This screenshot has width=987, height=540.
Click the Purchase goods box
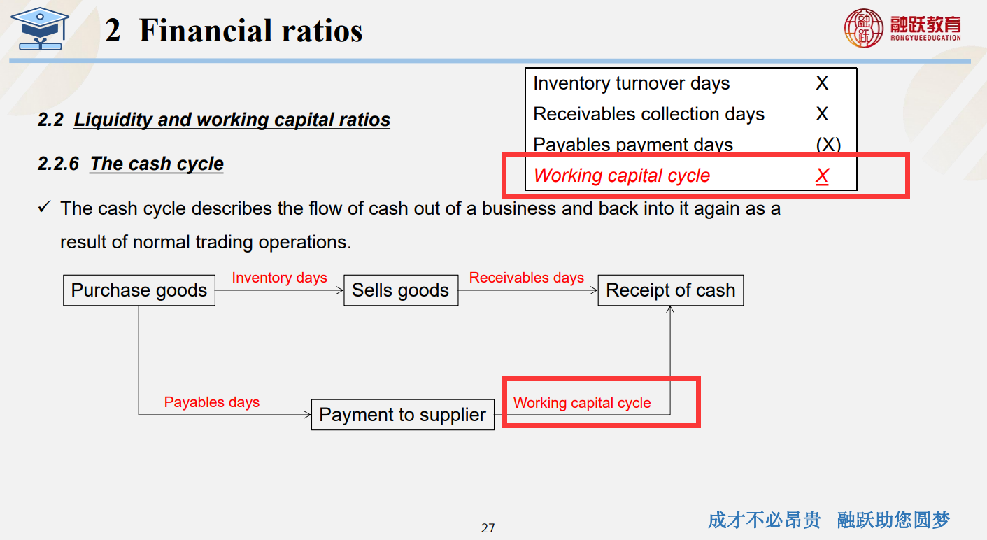[x=139, y=290]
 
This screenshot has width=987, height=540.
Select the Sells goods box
[x=401, y=290]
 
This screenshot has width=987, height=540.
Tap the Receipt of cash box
[x=671, y=290]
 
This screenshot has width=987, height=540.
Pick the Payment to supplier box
[x=403, y=415]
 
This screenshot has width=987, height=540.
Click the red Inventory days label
[x=279, y=278]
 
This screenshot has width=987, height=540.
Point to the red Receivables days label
[x=527, y=278]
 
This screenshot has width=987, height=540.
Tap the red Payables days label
[x=212, y=402]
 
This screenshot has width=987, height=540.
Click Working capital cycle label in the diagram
[x=582, y=403]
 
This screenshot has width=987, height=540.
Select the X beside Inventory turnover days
[x=822, y=83]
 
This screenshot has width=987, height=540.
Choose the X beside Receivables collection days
[x=822, y=114]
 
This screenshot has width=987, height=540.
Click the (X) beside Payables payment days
[x=828, y=145]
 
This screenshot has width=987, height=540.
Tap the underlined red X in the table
[x=822, y=176]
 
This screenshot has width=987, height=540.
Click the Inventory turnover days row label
[x=632, y=84]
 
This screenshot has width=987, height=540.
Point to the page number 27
[x=488, y=527]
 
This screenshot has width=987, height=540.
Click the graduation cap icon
[x=40, y=29]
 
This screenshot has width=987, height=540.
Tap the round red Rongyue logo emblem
[x=864, y=28]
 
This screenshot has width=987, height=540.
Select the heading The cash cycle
[x=157, y=164]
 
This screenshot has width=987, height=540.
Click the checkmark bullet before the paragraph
[x=45, y=206]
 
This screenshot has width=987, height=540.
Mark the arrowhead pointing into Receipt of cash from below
[x=670, y=309]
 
